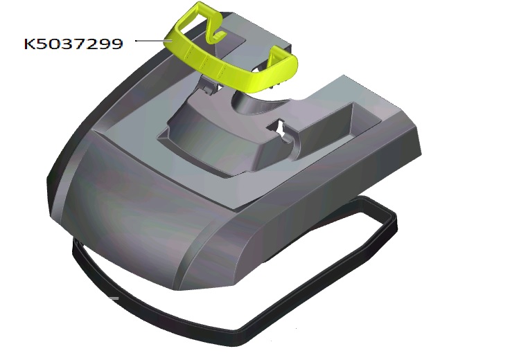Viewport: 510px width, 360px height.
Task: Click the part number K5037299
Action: [73, 44]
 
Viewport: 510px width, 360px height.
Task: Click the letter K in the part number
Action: [30, 44]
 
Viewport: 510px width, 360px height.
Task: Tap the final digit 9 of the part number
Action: [117, 44]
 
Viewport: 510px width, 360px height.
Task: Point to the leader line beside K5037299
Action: [153, 41]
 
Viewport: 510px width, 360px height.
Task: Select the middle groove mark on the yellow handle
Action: [205, 61]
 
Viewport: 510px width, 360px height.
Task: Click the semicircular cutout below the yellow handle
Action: [257, 103]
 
